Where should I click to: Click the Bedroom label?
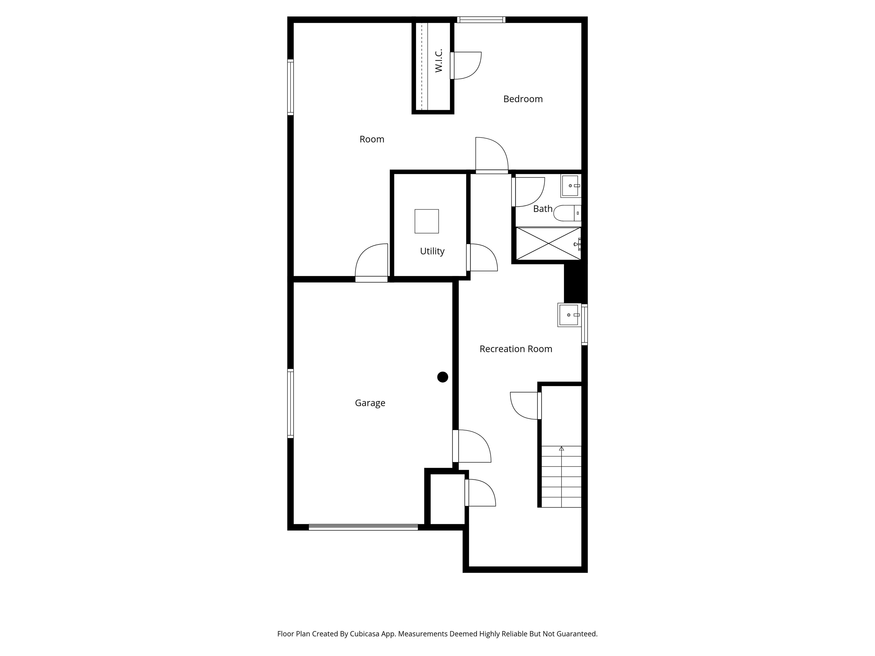pos(523,99)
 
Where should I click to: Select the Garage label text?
pos(370,403)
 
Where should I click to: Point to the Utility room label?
pos(432,251)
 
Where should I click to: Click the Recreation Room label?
pos(516,349)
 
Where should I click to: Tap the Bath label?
pos(543,209)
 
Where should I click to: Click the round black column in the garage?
pos(443,377)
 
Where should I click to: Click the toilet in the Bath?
pos(567,213)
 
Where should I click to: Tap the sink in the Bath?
pos(571,186)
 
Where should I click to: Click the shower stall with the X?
pos(548,243)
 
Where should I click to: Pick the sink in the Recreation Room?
pos(569,315)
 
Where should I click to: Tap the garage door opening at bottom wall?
pos(363,527)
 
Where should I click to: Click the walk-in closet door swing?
pos(466,66)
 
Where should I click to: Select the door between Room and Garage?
pos(371,263)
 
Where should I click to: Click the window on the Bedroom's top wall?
pos(481,20)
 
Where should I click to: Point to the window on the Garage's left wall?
pos(290,403)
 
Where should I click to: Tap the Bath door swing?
pos(528,192)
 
